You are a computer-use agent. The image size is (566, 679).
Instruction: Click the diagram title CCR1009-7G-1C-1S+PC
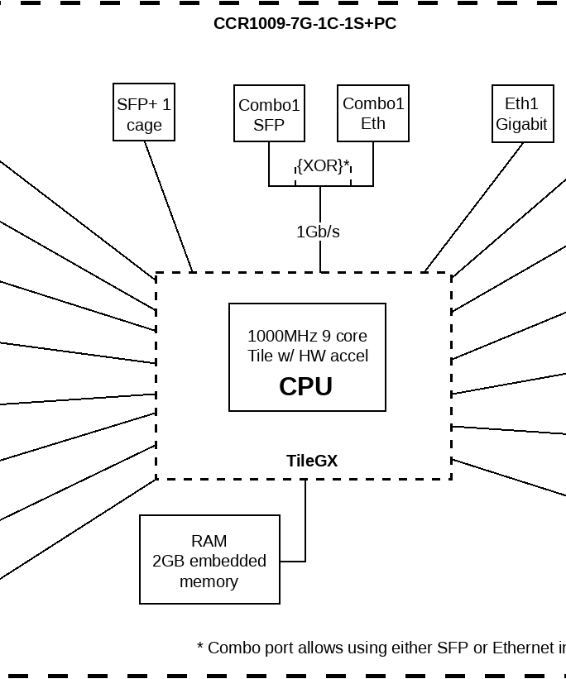coord(305,23)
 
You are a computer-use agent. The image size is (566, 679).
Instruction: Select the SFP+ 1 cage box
coord(144,112)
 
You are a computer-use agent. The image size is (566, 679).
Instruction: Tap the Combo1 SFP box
coord(269,114)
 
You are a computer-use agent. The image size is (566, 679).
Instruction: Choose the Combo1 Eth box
coord(373,113)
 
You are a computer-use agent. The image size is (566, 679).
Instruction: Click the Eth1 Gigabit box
coord(522,113)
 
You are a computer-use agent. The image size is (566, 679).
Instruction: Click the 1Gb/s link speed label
coord(318,232)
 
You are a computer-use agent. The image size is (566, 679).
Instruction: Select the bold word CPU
coord(305,386)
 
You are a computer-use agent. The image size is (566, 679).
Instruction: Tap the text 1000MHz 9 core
coord(307,336)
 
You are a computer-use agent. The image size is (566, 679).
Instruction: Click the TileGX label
coord(312,461)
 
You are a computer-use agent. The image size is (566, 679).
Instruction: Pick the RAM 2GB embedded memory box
coord(209,560)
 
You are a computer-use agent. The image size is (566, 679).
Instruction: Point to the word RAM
coord(209,541)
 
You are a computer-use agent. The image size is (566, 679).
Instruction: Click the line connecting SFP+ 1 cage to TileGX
coord(169,207)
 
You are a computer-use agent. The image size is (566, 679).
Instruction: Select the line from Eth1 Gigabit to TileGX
coord(473,207)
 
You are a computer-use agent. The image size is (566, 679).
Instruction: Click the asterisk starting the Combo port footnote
coord(200,648)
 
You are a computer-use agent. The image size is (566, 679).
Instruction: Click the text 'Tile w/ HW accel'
coord(307,356)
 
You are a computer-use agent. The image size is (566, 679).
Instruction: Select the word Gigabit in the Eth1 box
coord(522,124)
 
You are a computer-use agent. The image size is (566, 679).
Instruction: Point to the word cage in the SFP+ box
coord(144,126)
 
